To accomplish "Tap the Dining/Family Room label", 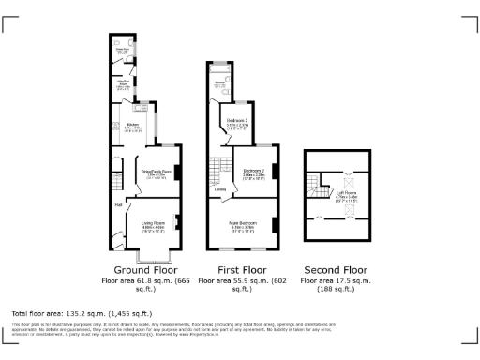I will coord(155,172).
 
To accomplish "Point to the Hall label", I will coord(119,203).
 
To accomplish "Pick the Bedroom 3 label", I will coord(237,121).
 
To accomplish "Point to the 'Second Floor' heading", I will coord(336,269).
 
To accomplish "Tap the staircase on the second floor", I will coord(312,187).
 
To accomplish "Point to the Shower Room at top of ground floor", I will coord(123,52).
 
